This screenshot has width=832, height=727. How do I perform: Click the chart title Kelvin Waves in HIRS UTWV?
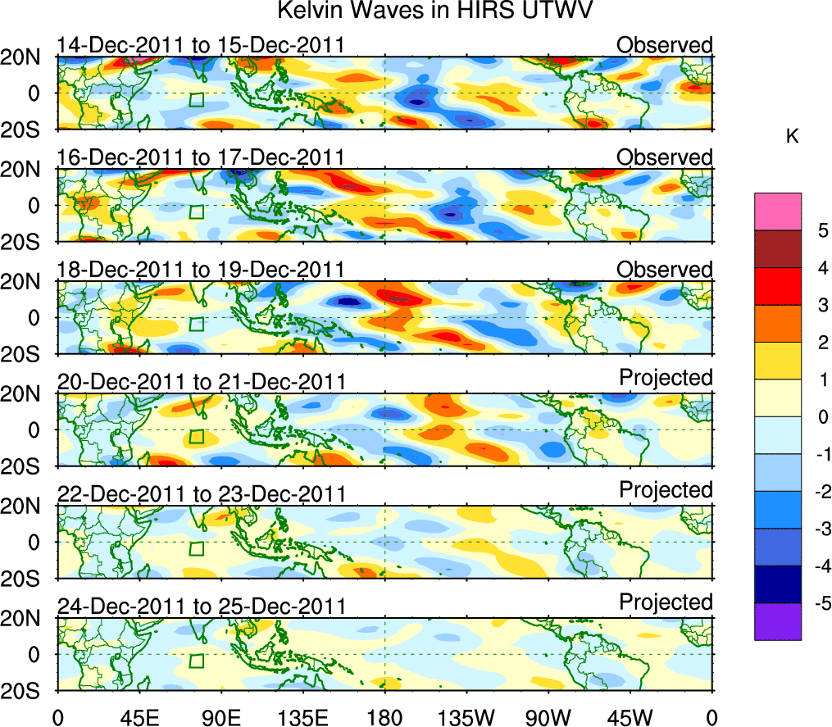click(435, 11)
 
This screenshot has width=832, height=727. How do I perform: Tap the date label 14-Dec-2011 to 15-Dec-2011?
click(199, 45)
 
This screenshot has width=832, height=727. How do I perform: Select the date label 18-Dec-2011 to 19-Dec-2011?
click(199, 270)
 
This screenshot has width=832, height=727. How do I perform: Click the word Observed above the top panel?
click(665, 45)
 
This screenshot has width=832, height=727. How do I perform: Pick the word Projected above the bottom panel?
click(665, 602)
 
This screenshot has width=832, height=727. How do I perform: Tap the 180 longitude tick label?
click(384, 717)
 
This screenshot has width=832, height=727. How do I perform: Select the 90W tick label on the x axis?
click(548, 717)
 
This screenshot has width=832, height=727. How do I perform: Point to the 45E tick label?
click(139, 717)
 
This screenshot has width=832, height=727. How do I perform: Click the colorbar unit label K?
click(792, 137)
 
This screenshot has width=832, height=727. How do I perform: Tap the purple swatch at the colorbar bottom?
click(777, 621)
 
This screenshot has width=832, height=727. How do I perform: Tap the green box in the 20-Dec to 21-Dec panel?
click(196, 437)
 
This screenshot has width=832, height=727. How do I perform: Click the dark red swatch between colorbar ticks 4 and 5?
click(777, 249)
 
